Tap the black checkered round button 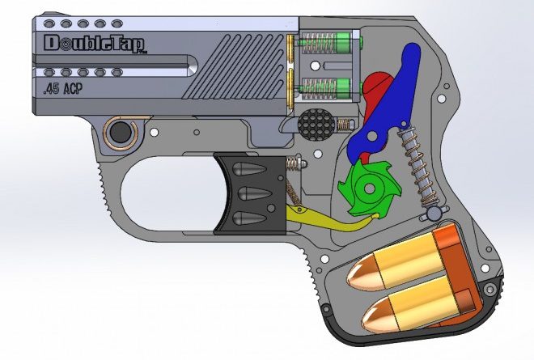click(316, 125)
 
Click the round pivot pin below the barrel click(121, 129)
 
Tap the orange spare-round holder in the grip click(453, 267)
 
